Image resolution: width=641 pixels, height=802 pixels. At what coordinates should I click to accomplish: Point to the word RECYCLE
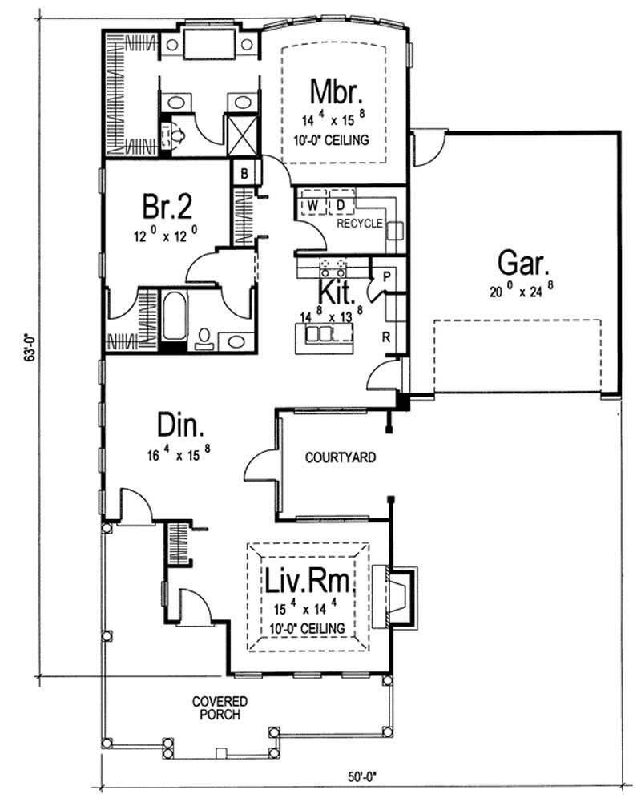tap(359, 224)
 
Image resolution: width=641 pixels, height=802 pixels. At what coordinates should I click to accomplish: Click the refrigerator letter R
tap(386, 337)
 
